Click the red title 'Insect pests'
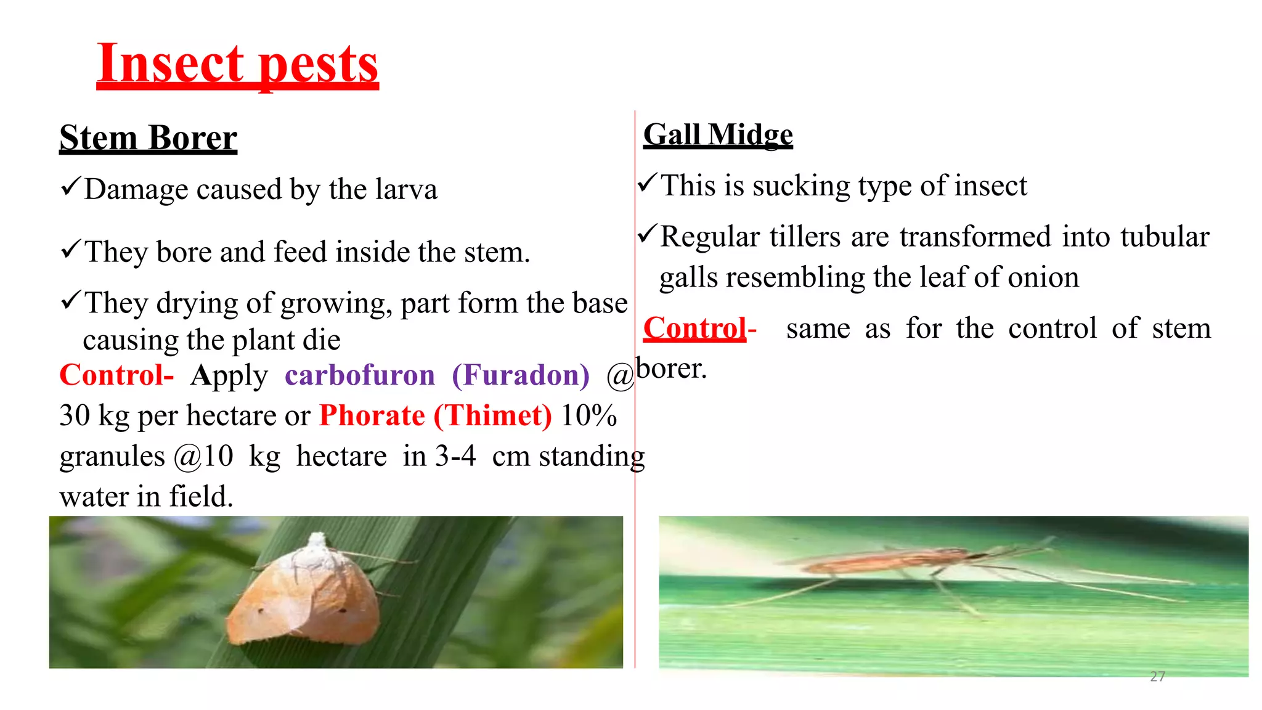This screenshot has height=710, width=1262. coord(237,65)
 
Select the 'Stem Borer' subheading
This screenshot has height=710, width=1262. coord(148,137)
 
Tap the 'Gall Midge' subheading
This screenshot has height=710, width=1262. coord(718,134)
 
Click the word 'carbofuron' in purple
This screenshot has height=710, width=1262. coord(359,375)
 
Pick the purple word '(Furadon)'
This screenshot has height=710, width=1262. coord(521,375)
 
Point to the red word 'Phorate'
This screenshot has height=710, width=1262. coord(372,415)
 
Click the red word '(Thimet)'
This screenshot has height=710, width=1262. coord(493,415)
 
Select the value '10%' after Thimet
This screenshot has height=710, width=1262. coord(588,415)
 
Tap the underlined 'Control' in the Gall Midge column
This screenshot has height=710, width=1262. coord(694,328)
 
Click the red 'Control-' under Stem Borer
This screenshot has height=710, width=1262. coord(116,375)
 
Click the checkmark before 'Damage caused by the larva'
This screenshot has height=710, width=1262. coord(70,186)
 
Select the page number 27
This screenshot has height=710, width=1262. coord(1157,677)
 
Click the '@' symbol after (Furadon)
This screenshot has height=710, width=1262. coord(620,376)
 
